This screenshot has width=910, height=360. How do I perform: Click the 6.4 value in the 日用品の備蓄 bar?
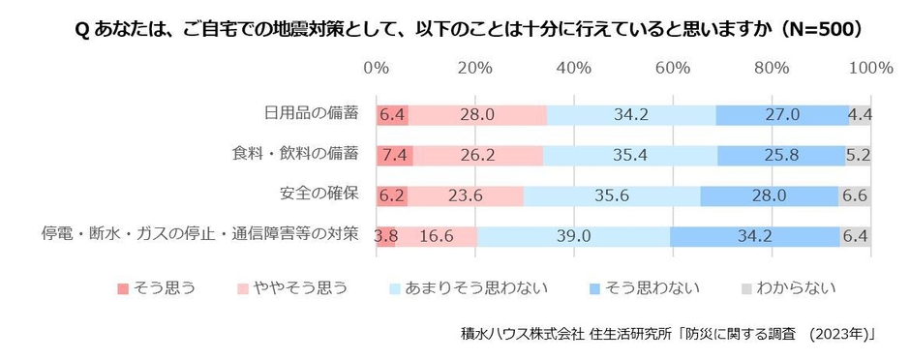pyautogui.click(x=392, y=114)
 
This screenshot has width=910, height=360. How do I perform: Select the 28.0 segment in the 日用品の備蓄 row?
pyautogui.click(x=477, y=114)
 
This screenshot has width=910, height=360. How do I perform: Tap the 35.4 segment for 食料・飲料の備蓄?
pyautogui.click(x=630, y=155)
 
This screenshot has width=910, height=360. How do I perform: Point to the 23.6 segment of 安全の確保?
pyautogui.click(x=465, y=195)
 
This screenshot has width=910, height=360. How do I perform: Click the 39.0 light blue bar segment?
pyautogui.click(x=572, y=236)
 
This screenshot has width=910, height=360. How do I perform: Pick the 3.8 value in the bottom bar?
pyautogui.click(x=386, y=236)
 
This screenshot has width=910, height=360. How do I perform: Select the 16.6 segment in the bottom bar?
pyautogui.click(x=437, y=236)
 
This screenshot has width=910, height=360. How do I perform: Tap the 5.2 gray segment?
pyautogui.click(x=859, y=155)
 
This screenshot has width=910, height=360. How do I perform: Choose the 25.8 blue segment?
pyautogui.click(x=781, y=155)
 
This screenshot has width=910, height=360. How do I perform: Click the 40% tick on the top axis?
pyautogui.click(x=573, y=68)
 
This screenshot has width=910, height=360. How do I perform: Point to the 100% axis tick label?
pyautogui.click(x=870, y=68)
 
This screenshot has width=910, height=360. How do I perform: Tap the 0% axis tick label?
pyautogui.click(x=376, y=68)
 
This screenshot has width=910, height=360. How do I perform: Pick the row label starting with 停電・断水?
pyautogui.click(x=199, y=234)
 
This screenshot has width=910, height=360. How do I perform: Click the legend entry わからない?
pyautogui.click(x=796, y=287)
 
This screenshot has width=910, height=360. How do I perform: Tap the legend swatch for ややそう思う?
pyautogui.click(x=246, y=288)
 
